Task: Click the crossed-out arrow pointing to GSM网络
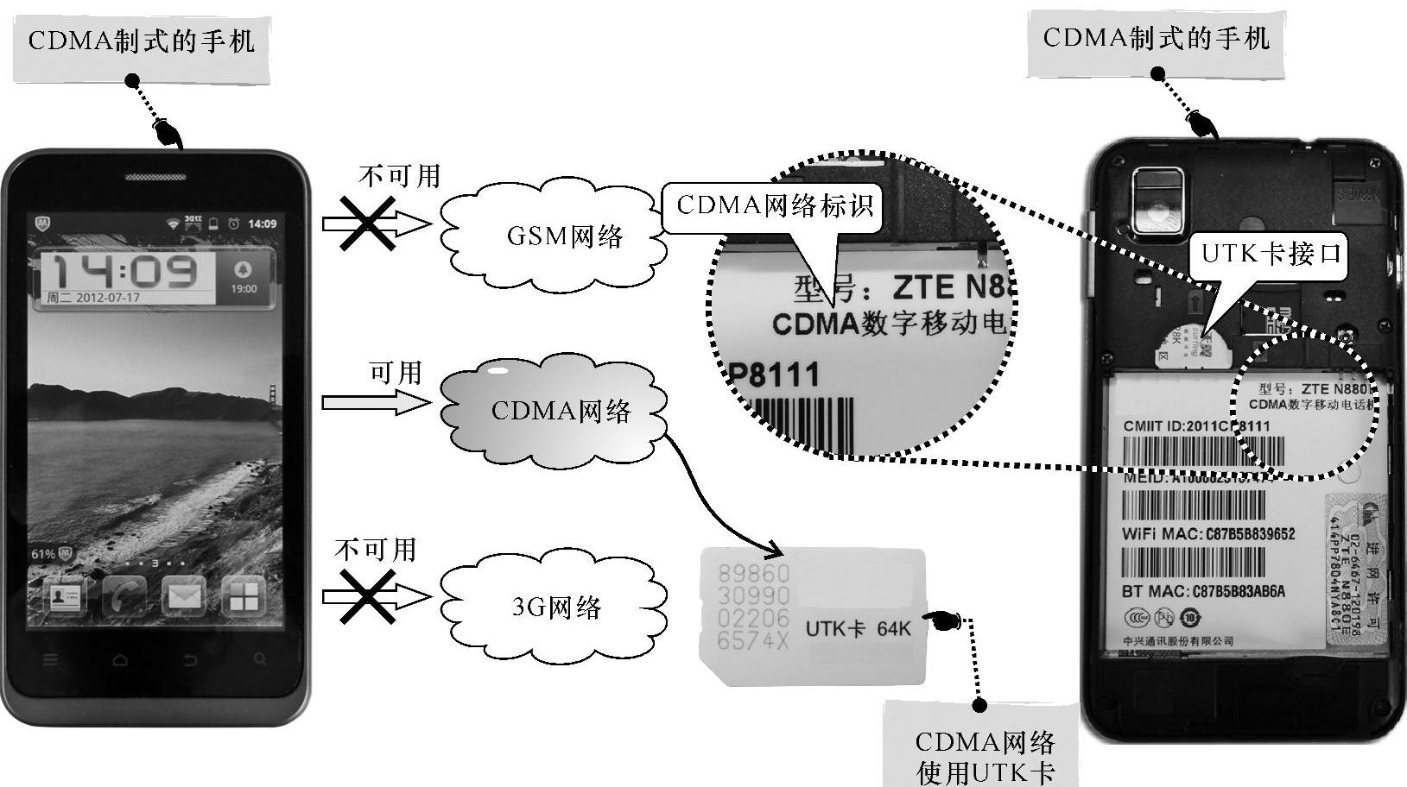(x=373, y=224)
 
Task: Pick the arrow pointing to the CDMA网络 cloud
(x=375, y=402)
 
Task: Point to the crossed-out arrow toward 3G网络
(x=373, y=595)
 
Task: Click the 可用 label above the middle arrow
(x=396, y=373)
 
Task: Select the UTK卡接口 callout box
(x=1271, y=254)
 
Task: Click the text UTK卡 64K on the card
(x=857, y=628)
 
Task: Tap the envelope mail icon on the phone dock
(x=184, y=595)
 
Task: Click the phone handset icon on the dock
(x=124, y=595)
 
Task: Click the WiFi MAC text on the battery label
(x=1207, y=534)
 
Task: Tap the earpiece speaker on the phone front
(x=155, y=178)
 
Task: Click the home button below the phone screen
(x=120, y=660)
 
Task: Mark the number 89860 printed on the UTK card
(x=753, y=573)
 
